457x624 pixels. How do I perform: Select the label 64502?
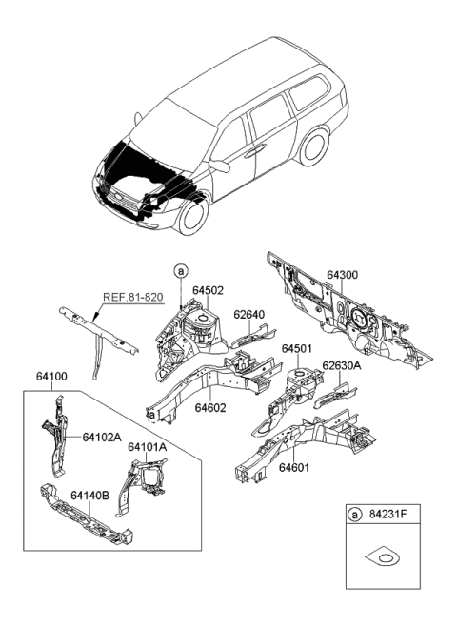point(209,290)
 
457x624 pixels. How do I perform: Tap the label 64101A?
point(147,446)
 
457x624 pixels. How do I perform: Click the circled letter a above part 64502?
point(181,272)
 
